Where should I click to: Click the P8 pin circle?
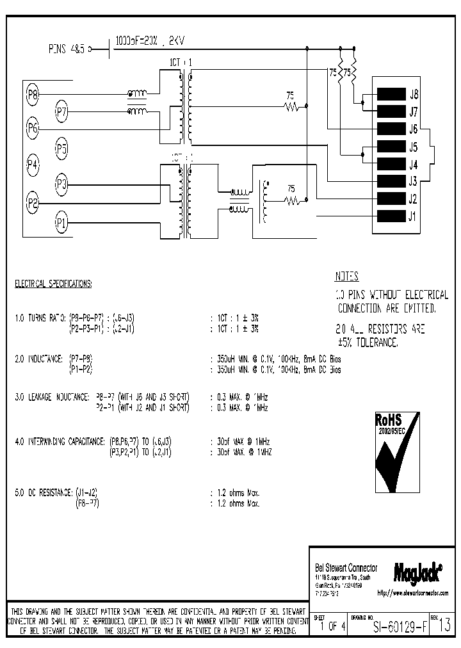point(33,95)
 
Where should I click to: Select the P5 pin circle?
point(61,149)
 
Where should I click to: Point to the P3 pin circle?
point(61,186)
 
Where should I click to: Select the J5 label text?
point(414,146)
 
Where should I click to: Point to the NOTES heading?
point(346,277)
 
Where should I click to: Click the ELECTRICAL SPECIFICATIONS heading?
point(54,282)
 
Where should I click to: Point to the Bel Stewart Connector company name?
point(346,569)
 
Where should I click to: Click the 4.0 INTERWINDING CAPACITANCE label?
point(61,442)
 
